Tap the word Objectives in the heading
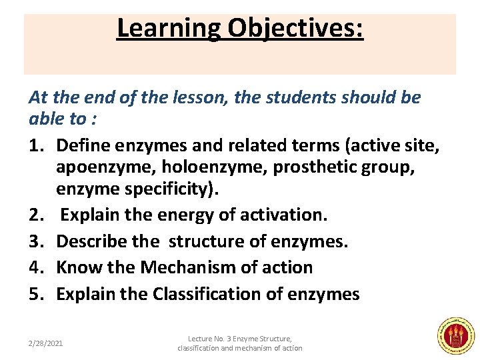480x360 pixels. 295,29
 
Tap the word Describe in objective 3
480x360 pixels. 89,241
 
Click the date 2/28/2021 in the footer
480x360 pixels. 46,343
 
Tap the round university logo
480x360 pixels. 455,335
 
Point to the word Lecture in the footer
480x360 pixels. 201,339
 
